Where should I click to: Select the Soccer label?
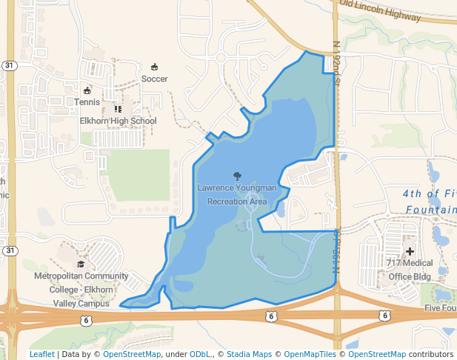[154, 79]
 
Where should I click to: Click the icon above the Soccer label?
[154, 67]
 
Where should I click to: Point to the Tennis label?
[87, 101]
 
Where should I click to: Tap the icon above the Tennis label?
[87, 90]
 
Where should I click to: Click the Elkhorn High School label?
[118, 121]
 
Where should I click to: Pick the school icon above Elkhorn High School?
[118, 109]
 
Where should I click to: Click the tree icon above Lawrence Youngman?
[237, 176]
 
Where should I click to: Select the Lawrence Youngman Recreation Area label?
[237, 195]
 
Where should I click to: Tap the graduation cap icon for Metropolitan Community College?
[81, 264]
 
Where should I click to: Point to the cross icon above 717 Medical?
[410, 252]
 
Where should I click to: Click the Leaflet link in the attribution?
[41, 354]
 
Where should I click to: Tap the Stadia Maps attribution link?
[252, 354]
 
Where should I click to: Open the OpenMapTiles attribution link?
[310, 354]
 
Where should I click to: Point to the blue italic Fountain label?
[431, 210]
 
